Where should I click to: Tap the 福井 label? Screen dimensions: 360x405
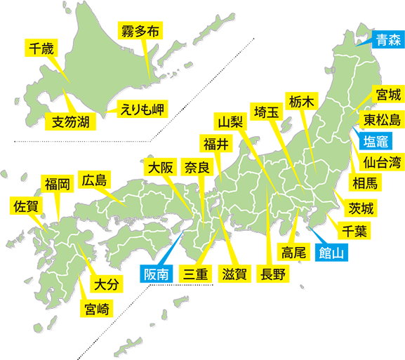215,145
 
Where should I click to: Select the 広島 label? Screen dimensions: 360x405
94,181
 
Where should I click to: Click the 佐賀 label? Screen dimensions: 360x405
26,206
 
